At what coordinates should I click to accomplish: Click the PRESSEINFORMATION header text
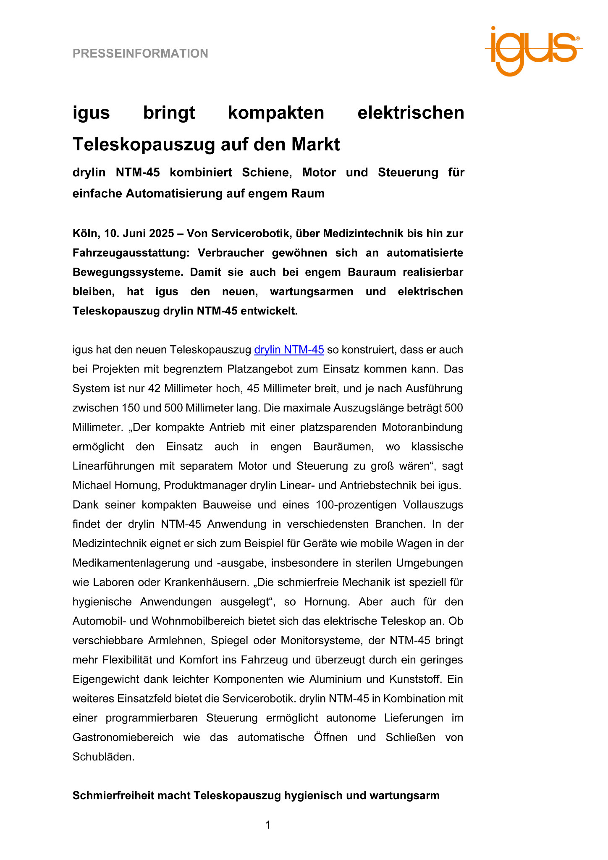(140, 54)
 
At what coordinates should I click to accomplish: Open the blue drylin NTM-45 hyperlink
(289, 350)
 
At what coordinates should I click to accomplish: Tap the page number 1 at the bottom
(268, 825)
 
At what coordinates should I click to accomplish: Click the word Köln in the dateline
(85, 233)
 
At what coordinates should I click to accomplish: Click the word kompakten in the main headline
(276, 113)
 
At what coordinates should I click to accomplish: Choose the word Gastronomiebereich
(123, 738)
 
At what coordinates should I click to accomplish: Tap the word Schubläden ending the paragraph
(103, 757)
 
